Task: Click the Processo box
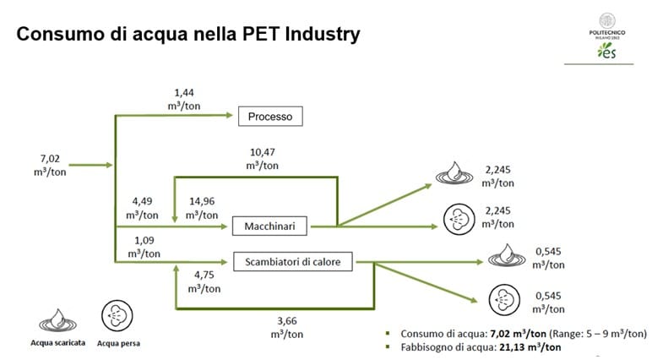click(x=270, y=116)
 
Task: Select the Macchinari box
click(x=269, y=226)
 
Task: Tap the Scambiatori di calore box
click(x=293, y=262)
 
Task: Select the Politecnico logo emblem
click(x=607, y=21)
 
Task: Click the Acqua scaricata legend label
click(x=57, y=343)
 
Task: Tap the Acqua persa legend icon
click(x=117, y=316)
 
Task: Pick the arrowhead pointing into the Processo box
click(x=229, y=115)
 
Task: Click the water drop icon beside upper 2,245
click(x=454, y=172)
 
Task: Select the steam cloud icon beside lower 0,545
click(x=504, y=300)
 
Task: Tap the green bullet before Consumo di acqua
click(x=388, y=333)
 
